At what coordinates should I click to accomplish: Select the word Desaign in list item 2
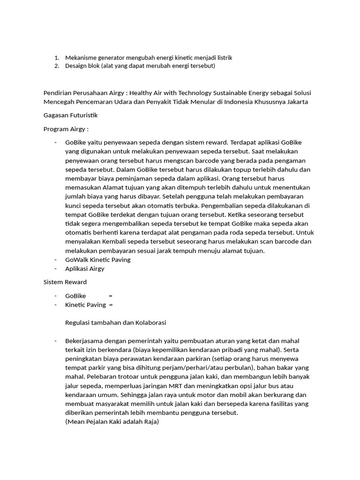[76, 66]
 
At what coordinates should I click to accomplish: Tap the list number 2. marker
[56, 66]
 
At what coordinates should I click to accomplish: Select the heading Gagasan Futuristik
[70, 115]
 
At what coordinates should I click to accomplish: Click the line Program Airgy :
[66, 129]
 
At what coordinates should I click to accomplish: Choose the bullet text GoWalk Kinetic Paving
[98, 259]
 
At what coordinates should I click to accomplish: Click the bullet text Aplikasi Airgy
[85, 269]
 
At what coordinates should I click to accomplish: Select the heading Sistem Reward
[65, 282]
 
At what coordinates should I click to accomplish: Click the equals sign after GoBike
[111, 296]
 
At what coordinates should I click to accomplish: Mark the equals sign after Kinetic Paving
[111, 305]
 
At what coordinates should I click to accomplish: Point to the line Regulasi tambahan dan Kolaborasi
[116, 322]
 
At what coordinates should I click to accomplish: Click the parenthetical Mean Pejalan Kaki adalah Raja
[112, 422]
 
